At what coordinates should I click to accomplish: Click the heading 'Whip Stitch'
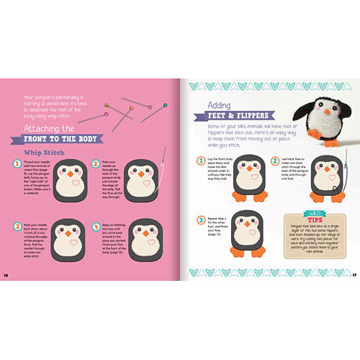[x=45, y=153]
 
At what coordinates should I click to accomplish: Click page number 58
[x=6, y=274]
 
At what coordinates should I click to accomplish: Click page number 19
[x=354, y=274]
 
